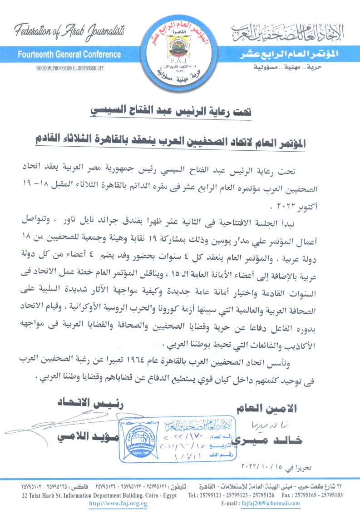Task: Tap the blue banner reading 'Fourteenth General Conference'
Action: pos(69,55)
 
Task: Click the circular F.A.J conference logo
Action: pos(180,47)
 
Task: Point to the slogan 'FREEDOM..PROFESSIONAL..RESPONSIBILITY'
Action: pos(70,68)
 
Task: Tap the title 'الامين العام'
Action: pos(267,408)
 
